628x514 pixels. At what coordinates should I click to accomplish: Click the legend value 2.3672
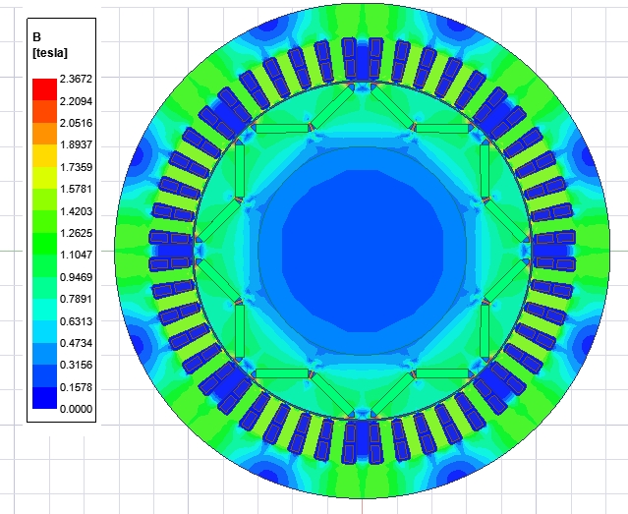[76, 79]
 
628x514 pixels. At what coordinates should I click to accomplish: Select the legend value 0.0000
[76, 409]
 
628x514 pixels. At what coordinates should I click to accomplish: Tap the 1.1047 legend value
[76, 255]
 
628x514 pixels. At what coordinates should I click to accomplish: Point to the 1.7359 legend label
[76, 167]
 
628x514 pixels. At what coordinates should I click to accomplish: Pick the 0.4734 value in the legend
[76, 343]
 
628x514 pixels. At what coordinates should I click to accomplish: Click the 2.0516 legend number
[76, 123]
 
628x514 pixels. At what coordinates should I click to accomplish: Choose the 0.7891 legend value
[76, 299]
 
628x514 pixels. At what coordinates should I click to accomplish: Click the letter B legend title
[36, 37]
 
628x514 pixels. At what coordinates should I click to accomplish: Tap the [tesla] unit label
[50, 53]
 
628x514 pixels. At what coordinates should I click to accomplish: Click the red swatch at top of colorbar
[44, 89]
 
